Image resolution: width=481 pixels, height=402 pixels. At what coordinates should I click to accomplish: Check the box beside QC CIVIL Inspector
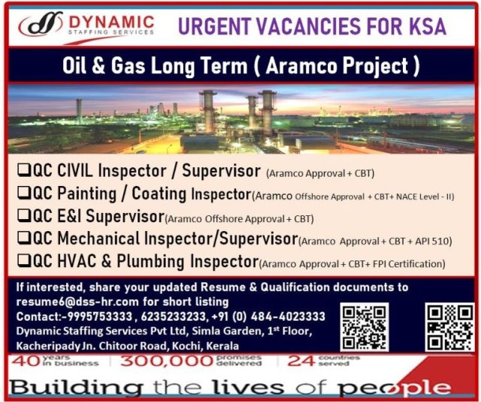pyautogui.click(x=23, y=169)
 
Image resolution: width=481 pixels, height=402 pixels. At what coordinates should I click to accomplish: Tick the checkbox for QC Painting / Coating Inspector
pyautogui.click(x=23, y=193)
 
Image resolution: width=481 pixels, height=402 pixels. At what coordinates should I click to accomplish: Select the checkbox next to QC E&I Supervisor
pyautogui.click(x=23, y=215)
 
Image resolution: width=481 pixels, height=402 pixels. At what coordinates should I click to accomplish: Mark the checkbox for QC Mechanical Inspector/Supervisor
pyautogui.click(x=23, y=238)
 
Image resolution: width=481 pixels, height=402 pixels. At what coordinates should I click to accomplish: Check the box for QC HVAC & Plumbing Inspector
pyautogui.click(x=23, y=260)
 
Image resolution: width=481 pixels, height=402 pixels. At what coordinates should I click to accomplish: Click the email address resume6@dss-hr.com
pyautogui.click(x=77, y=302)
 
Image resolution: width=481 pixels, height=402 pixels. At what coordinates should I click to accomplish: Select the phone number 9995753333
pyautogui.click(x=100, y=316)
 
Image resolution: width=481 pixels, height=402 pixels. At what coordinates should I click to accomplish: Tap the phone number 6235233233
pyautogui.click(x=174, y=316)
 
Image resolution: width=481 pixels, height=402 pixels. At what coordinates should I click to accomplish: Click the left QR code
pyautogui.click(x=365, y=327)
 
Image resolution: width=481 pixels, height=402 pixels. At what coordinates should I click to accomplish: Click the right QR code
pyautogui.click(x=449, y=327)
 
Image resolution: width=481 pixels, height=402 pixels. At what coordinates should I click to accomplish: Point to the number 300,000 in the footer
pyautogui.click(x=167, y=361)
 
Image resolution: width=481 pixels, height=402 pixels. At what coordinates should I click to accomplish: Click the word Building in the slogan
pyautogui.click(x=75, y=388)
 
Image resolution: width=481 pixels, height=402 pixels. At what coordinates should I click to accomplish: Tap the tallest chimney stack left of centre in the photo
pyautogui.click(x=208, y=111)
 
